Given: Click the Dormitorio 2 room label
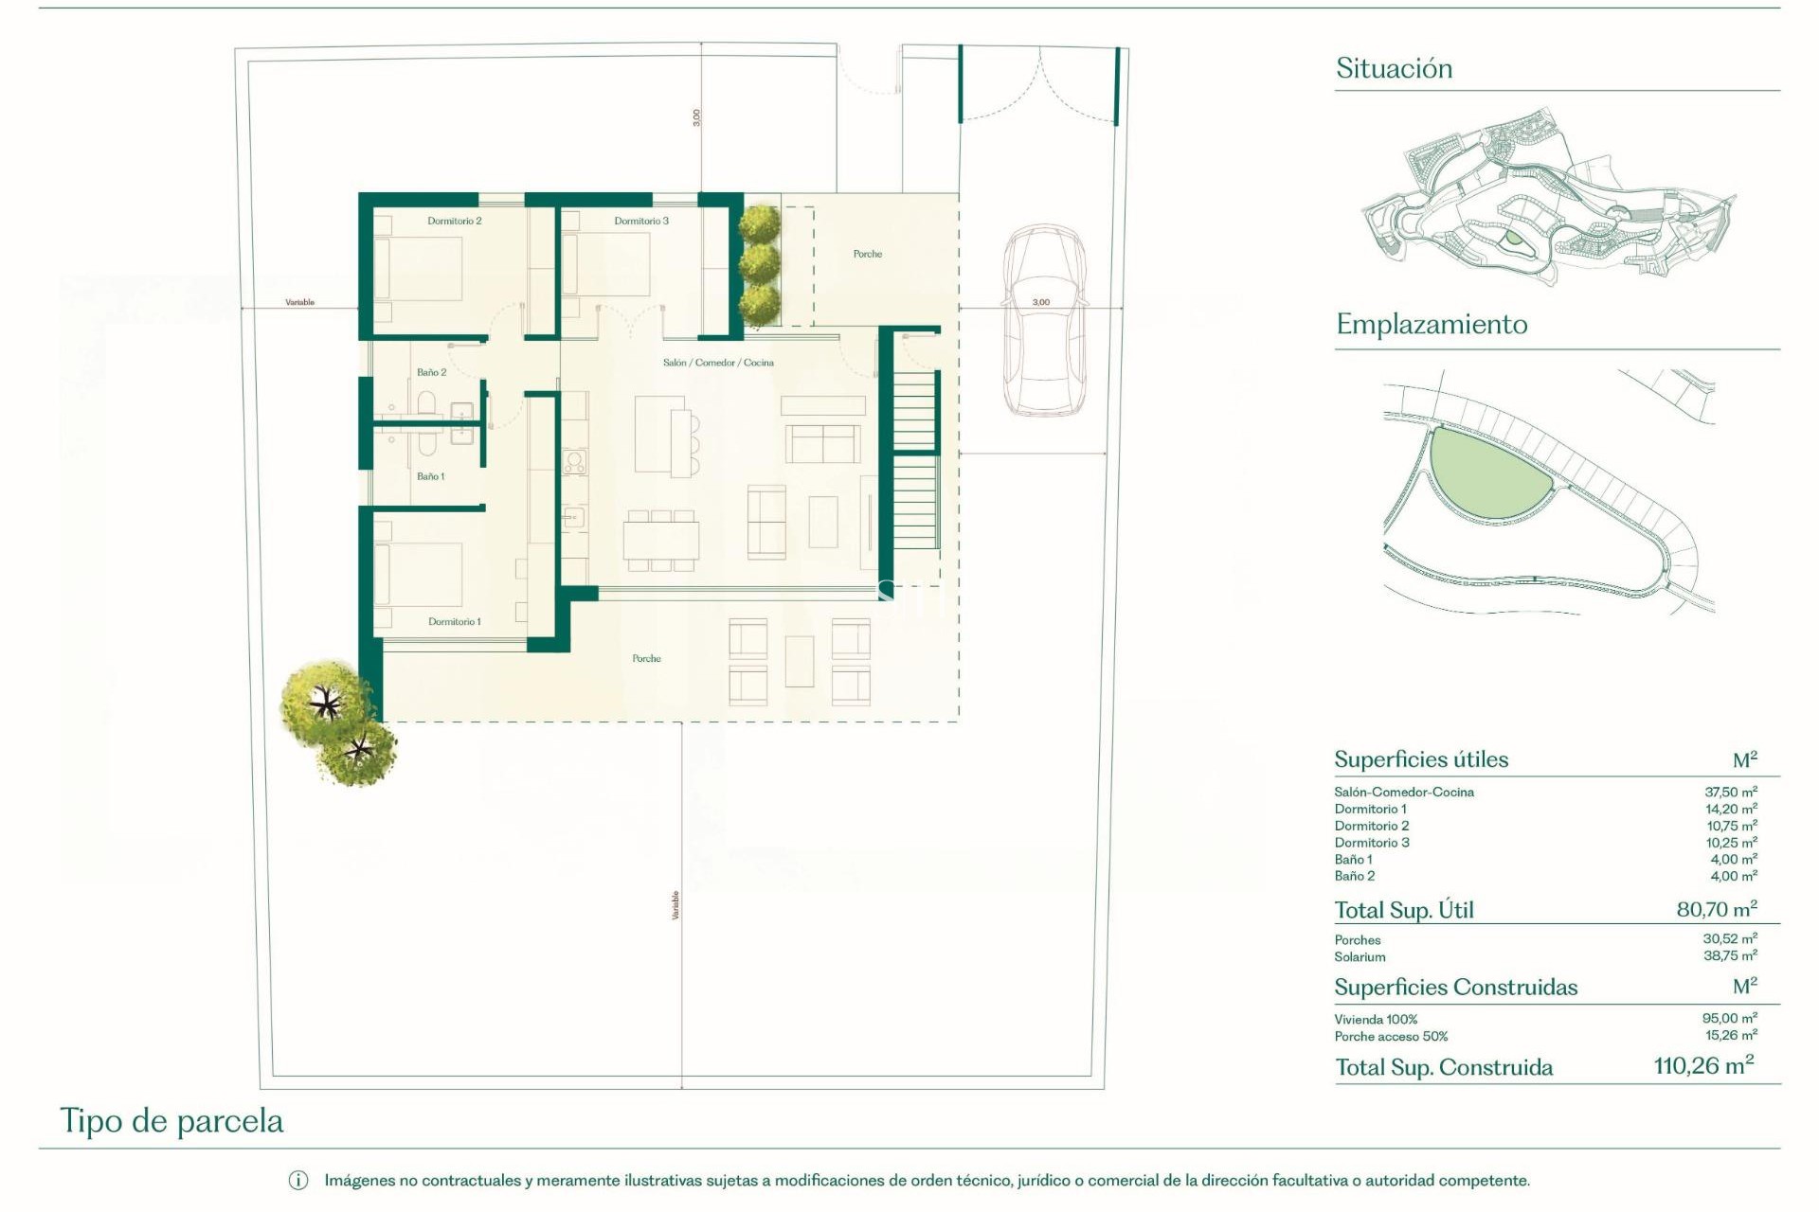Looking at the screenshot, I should coord(454,221).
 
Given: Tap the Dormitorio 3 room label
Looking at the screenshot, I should coord(641,221).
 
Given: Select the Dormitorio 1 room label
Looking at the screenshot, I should coord(454,622).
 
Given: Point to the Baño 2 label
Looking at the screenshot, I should coord(431,372).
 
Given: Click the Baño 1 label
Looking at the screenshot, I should coord(430,476).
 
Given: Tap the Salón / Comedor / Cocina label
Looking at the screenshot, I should coord(718,363).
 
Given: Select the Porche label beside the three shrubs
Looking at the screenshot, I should coord(867,254).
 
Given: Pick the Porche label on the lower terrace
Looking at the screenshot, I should coord(646,658).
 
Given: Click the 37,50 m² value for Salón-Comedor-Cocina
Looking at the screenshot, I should coord(1730,792).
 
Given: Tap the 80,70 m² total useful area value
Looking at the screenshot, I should coord(1716,909).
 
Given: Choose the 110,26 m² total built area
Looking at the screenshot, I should coord(1702,1065).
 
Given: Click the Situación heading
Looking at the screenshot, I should coord(1394,68).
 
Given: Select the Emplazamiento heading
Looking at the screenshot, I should coord(1432,324).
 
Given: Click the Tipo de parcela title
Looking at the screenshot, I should coord(171,1121).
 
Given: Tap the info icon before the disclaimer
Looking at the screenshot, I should coord(297,1181).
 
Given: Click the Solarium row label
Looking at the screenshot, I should coord(1360,957).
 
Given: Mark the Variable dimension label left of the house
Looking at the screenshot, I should coord(299,302).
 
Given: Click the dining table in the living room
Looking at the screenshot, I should coord(661,541).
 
